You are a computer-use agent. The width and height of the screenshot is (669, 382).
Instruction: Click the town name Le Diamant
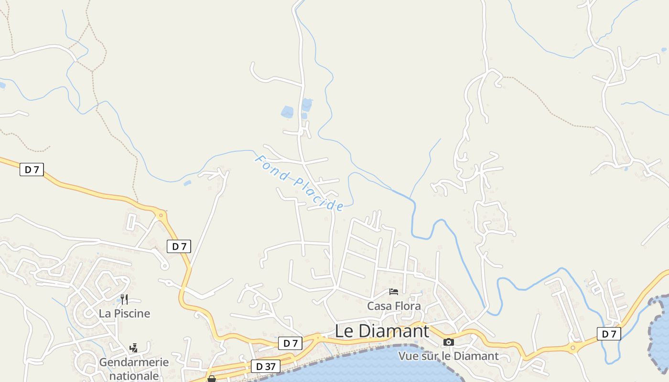382,331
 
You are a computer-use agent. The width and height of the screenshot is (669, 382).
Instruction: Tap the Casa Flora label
394,306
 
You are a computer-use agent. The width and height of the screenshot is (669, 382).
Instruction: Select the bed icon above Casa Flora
394,291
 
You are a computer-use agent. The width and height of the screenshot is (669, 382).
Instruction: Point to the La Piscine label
124,313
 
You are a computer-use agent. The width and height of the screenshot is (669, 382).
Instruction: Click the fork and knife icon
124,299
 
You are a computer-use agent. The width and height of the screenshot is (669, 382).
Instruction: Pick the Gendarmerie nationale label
134,369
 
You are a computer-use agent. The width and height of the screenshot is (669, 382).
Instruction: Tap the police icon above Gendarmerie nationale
134,348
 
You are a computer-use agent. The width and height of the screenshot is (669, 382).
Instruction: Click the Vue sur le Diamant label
448,356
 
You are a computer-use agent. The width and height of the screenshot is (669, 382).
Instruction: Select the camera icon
448,342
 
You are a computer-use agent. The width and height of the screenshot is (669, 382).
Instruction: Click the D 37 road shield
266,366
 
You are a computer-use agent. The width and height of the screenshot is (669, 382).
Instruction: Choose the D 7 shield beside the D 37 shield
290,343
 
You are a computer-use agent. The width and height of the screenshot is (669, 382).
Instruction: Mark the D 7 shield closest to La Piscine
179,246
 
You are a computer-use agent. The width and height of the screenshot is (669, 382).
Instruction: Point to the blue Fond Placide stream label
299,183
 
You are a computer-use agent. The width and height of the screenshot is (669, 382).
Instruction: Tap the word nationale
134,375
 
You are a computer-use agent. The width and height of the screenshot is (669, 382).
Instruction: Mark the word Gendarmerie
134,362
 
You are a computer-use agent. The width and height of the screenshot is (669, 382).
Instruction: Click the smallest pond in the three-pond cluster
304,116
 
